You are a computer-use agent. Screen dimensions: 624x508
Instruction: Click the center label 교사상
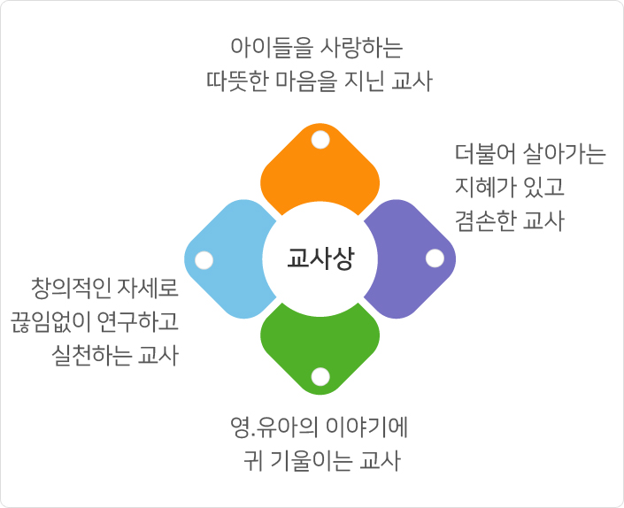point(320,258)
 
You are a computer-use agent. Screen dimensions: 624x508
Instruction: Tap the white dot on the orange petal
point(320,140)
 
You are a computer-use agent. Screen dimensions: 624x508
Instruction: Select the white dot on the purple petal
point(435,258)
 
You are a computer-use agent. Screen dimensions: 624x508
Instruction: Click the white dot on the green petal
point(320,377)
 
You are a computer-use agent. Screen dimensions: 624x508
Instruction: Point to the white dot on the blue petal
point(204,260)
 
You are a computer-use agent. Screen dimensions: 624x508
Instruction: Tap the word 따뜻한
point(237,81)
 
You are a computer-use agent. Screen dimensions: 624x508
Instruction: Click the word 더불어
point(485,154)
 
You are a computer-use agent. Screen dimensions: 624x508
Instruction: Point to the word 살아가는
point(564,154)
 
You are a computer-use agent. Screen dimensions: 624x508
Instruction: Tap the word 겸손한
point(485,220)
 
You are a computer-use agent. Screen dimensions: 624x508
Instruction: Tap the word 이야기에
point(366,427)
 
